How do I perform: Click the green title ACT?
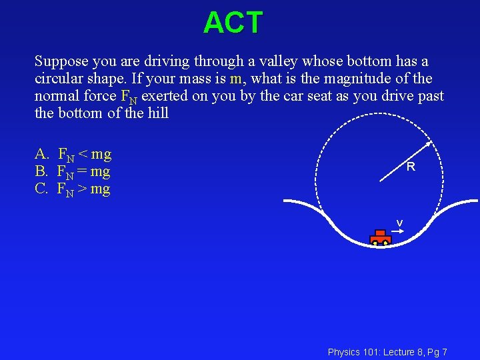(x=233, y=23)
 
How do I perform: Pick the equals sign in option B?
(x=83, y=173)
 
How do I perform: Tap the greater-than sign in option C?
(x=83, y=190)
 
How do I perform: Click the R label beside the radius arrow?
(x=411, y=167)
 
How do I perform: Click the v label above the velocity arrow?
(x=399, y=223)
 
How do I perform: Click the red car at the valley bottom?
(x=380, y=237)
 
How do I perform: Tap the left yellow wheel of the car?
(x=375, y=243)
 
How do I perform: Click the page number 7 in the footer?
(x=444, y=352)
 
